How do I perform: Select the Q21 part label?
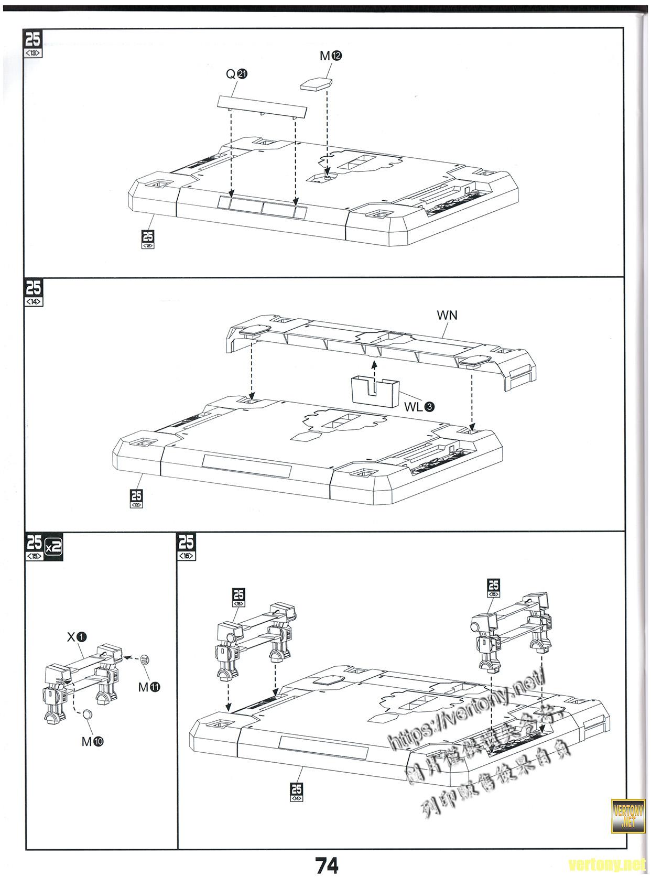point(236,74)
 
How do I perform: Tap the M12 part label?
point(331,56)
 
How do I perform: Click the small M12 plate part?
point(317,84)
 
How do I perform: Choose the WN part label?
point(447,315)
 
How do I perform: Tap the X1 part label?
point(77,637)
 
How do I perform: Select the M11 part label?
point(149,687)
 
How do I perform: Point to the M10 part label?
point(92,741)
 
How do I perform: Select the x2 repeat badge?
point(54,547)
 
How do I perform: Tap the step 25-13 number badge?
point(33,44)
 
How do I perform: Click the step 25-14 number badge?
point(33,293)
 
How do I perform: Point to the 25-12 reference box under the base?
point(148,239)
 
